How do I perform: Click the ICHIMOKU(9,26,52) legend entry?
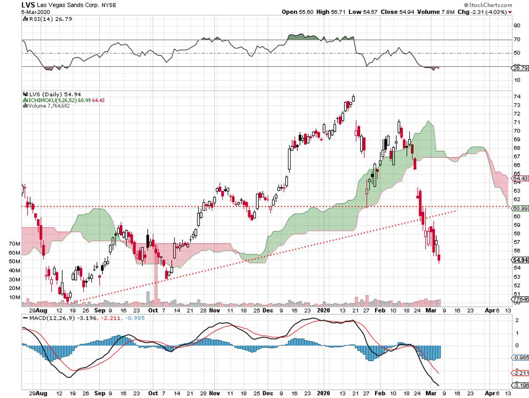[x=60, y=100]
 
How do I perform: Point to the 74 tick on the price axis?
[x=516, y=96]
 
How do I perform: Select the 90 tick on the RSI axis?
[x=516, y=25]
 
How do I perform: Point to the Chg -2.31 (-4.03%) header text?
[x=491, y=12]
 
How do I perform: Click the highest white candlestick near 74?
[x=353, y=98]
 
